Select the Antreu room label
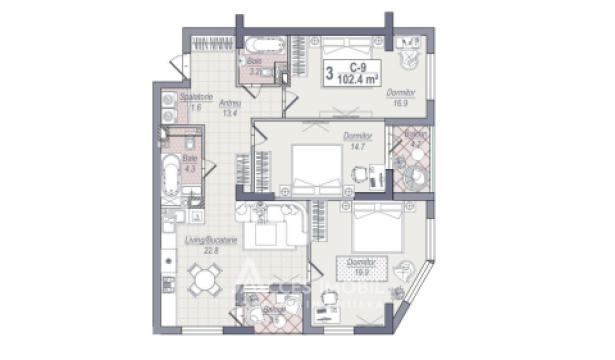coord(230,104)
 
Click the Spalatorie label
coord(191,97)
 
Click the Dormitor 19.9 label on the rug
coord(360,265)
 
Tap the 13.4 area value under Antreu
coord(230,113)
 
